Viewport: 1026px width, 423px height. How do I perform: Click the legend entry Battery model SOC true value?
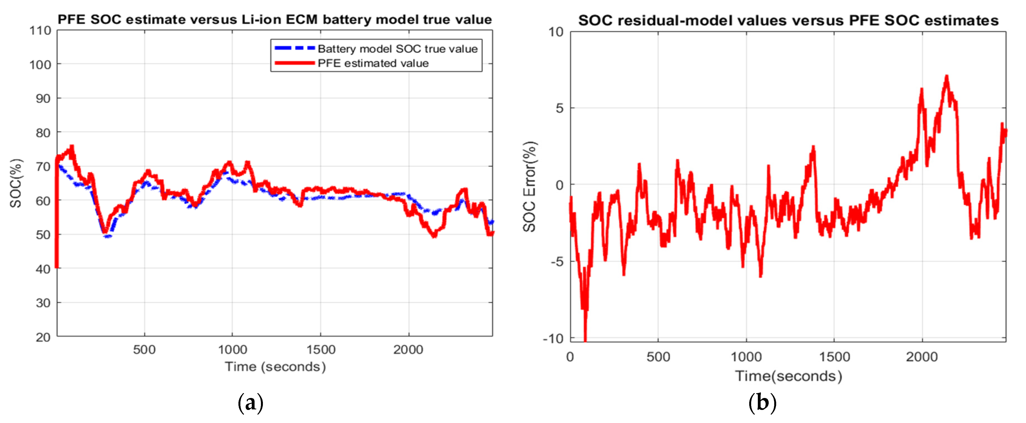point(397,49)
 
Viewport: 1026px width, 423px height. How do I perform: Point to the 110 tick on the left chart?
point(40,31)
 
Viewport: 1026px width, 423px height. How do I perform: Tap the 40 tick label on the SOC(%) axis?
point(43,269)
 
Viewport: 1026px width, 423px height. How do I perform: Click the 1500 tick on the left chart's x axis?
point(321,350)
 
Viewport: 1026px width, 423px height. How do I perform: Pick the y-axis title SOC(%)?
point(16,183)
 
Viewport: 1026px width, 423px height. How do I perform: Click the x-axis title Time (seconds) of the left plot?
point(275,366)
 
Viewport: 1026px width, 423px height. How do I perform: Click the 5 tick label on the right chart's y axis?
point(560,108)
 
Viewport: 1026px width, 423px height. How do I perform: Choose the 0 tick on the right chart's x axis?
point(570,357)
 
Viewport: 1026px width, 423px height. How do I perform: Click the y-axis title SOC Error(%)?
point(529,186)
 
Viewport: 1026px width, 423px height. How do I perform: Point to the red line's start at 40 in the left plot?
point(57,267)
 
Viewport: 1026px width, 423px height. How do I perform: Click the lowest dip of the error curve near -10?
point(585,339)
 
